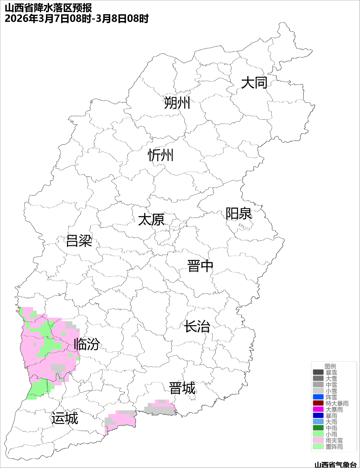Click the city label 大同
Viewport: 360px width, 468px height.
pos(254,83)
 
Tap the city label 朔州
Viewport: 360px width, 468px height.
pos(177,103)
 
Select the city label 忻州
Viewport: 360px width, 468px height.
pos(161,155)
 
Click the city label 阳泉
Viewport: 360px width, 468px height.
pos(239,214)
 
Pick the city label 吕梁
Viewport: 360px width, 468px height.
pos(79,241)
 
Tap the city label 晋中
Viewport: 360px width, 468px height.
pos(200,266)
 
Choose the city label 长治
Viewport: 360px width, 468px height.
pos(197,326)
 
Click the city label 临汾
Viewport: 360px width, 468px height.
pos(87,344)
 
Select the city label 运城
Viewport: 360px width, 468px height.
pos(65,418)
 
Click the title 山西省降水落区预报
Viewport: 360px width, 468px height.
pos(48,8)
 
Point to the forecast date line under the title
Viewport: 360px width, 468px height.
pos(76,19)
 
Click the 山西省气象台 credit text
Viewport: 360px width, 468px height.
pos(335,464)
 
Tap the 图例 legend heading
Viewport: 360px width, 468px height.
pos(330,366)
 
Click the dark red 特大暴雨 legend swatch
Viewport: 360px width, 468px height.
pos(318,403)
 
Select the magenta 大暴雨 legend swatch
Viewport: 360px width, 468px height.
pos(318,409)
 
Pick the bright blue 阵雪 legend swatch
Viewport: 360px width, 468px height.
pos(318,397)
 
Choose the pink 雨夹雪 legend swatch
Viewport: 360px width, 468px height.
pos(318,440)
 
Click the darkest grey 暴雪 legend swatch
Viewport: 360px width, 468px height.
pos(318,372)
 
